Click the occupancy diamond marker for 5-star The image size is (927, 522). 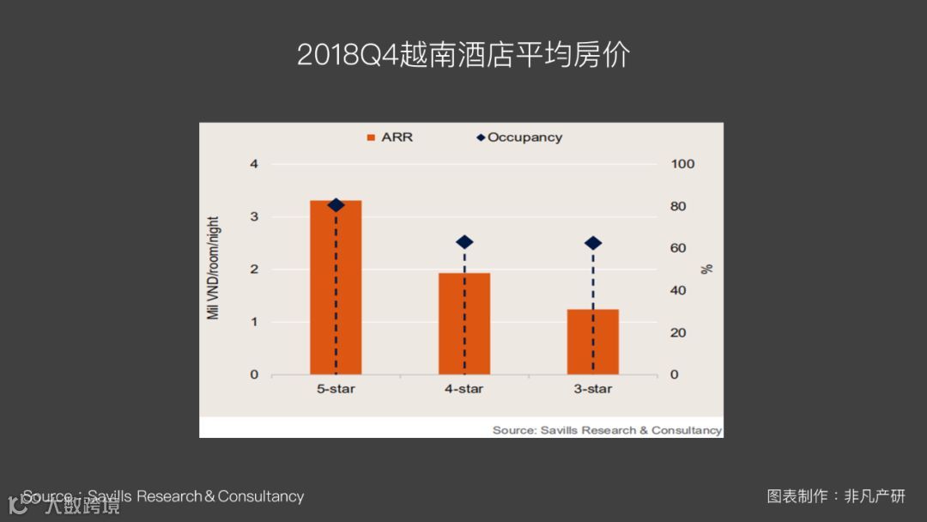(x=336, y=205)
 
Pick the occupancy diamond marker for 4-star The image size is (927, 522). (x=464, y=242)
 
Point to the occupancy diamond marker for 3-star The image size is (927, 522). (x=593, y=243)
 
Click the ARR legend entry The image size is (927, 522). (x=391, y=137)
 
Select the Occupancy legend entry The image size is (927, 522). (x=519, y=137)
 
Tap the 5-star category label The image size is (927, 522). (x=336, y=389)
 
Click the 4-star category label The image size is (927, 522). (x=464, y=389)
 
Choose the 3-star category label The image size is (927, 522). (x=593, y=389)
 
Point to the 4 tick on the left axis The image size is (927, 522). (x=254, y=164)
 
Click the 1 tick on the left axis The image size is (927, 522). (x=254, y=322)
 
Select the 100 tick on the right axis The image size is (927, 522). (x=682, y=164)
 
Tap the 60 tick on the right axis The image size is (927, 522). (x=678, y=248)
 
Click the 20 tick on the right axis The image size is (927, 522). (x=678, y=332)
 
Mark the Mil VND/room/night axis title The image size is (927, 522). (x=214, y=268)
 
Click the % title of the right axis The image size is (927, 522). (x=707, y=269)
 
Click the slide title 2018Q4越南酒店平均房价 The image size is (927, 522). (x=463, y=55)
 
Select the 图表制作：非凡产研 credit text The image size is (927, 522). (x=836, y=496)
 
